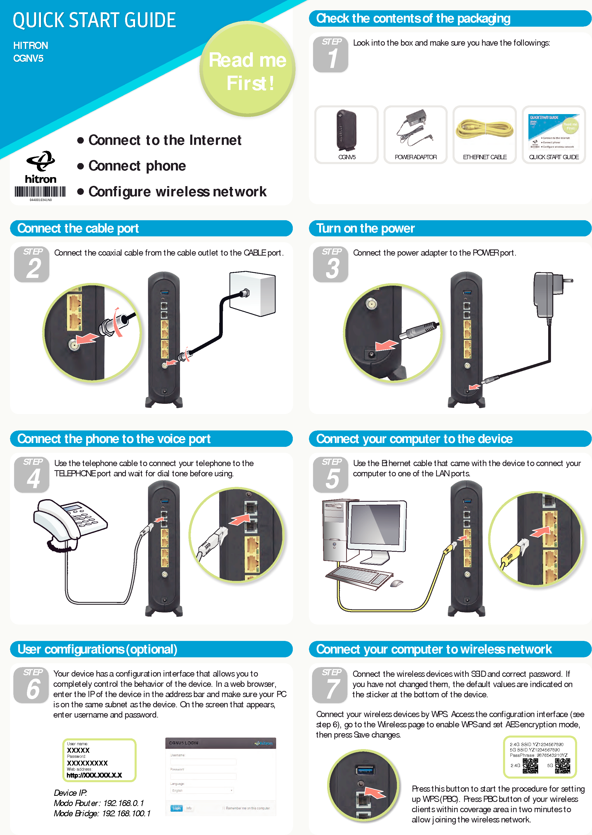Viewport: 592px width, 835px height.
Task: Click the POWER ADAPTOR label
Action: click(416, 157)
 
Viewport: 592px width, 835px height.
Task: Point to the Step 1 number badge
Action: click(331, 54)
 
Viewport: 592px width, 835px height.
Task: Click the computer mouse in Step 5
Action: click(397, 583)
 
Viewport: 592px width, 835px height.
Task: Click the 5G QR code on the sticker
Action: click(563, 766)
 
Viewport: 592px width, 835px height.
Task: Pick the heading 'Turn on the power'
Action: click(365, 228)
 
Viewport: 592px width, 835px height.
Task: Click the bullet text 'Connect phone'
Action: click(137, 166)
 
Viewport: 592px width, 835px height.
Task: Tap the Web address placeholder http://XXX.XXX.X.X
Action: click(94, 775)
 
